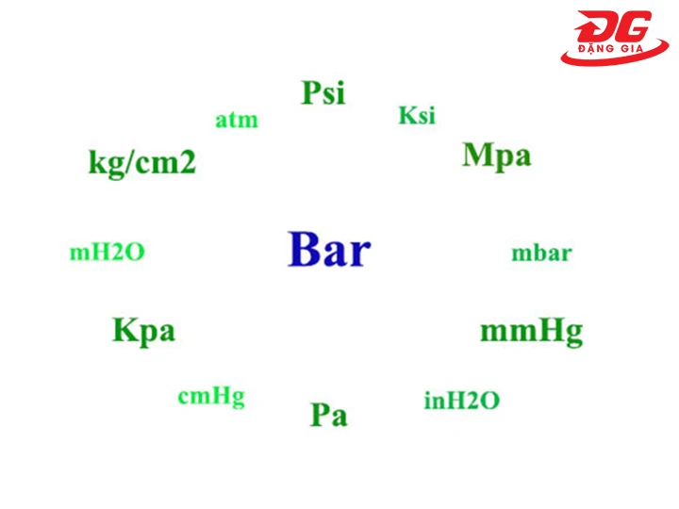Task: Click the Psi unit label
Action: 323,93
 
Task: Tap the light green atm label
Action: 236,121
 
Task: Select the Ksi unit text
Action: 417,115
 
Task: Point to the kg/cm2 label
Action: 142,163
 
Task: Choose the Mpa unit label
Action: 496,156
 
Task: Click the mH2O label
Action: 108,253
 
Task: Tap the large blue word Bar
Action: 329,251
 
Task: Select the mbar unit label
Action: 541,254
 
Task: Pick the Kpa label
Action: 143,331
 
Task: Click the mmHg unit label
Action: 531,332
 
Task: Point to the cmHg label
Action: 211,397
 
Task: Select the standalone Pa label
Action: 328,415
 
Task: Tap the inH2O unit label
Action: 462,401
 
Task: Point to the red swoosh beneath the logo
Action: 613,60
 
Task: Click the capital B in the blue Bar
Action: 305,251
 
